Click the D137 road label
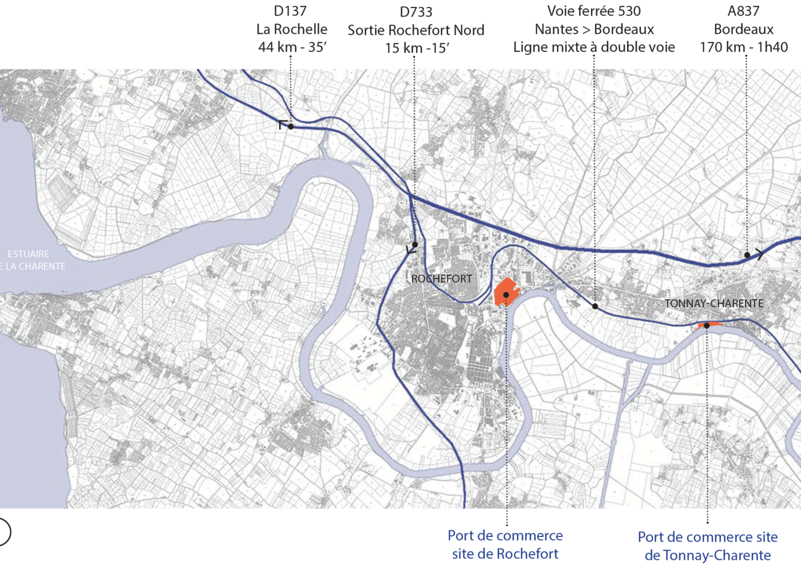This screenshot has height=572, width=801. tap(290, 11)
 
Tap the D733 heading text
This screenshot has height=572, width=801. tap(416, 12)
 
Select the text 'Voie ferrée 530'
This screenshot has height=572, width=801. tap(594, 11)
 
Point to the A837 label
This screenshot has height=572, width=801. tap(743, 11)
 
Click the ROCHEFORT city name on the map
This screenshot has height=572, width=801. tap(442, 279)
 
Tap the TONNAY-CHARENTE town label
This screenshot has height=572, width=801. tap(714, 304)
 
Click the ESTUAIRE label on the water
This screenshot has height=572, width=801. tap(29, 254)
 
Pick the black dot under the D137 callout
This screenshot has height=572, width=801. tap(291, 126)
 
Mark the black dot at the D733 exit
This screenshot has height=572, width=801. tap(415, 245)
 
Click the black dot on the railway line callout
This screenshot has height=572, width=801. tap(595, 307)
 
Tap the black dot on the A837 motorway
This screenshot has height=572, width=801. tap(747, 255)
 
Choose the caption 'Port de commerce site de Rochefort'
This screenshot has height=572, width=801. tap(505, 545)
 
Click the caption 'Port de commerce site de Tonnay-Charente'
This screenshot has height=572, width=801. tap(708, 546)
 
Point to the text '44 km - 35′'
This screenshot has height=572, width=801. tap(292, 47)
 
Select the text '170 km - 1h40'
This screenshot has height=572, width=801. tap(744, 47)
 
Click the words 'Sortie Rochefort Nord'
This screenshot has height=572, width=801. tap(416, 30)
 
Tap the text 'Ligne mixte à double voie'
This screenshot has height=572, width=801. tap(594, 47)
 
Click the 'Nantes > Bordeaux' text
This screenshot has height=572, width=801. tap(594, 29)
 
